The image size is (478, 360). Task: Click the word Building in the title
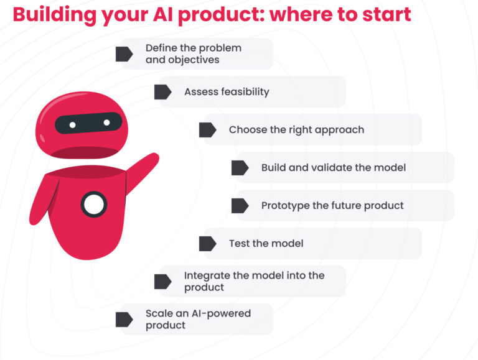pyautogui.click(x=55, y=15)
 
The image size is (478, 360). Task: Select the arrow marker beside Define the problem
pyautogui.click(x=124, y=54)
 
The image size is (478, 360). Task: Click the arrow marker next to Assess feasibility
pyautogui.click(x=163, y=92)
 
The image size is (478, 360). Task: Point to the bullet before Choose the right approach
pyautogui.click(x=208, y=130)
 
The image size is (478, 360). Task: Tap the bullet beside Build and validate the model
pyautogui.click(x=240, y=168)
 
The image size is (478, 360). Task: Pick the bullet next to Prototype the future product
pyautogui.click(x=240, y=206)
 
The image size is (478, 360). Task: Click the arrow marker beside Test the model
pyautogui.click(x=208, y=244)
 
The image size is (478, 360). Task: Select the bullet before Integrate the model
pyautogui.click(x=163, y=282)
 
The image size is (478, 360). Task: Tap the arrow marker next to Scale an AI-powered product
pyautogui.click(x=124, y=320)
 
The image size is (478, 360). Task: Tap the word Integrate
pyautogui.click(x=207, y=275)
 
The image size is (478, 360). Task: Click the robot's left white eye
pyautogui.click(x=73, y=125)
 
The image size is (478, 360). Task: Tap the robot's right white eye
pyautogui.click(x=106, y=122)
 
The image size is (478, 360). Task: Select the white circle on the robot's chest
pyautogui.click(x=94, y=205)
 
